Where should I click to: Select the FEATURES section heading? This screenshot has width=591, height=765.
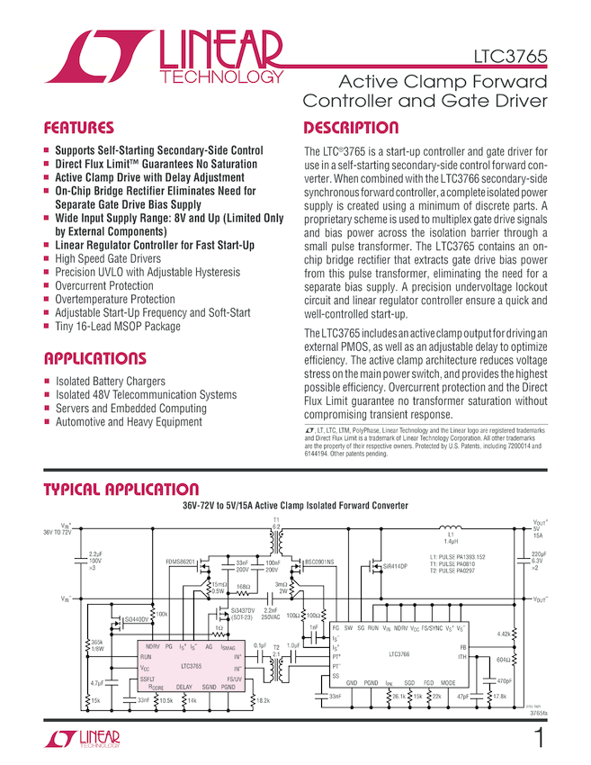click(x=79, y=128)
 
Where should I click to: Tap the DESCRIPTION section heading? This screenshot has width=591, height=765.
click(x=351, y=128)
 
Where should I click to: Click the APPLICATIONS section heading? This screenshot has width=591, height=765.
click(x=94, y=358)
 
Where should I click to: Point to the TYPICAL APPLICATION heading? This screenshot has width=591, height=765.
click(x=121, y=490)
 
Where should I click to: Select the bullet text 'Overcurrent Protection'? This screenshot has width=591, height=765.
click(x=104, y=285)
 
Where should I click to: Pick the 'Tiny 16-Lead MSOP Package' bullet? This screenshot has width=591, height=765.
click(x=117, y=326)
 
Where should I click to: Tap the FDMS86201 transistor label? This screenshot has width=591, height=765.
click(x=180, y=561)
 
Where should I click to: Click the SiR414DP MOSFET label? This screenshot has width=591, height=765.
click(x=396, y=567)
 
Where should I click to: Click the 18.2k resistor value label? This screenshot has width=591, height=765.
click(x=262, y=699)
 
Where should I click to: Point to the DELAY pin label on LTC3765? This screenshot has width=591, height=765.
click(x=184, y=687)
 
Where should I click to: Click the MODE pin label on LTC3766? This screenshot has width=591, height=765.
click(x=448, y=683)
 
